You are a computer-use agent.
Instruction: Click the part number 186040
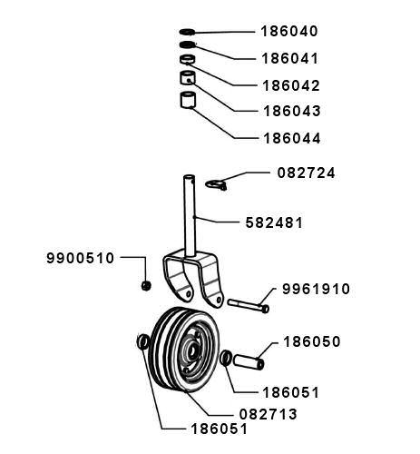[x=289, y=31]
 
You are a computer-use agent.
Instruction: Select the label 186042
[x=291, y=85]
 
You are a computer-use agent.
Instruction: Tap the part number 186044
[x=292, y=138]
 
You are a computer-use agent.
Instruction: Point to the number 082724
[x=306, y=173]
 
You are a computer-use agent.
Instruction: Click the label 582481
[x=274, y=223]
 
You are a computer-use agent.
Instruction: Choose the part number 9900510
[x=81, y=258]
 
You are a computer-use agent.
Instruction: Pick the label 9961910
[x=316, y=289]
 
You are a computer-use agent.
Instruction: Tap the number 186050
[x=312, y=341]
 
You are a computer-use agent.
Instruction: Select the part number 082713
[x=269, y=414]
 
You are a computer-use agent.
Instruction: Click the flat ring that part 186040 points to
[x=188, y=32]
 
